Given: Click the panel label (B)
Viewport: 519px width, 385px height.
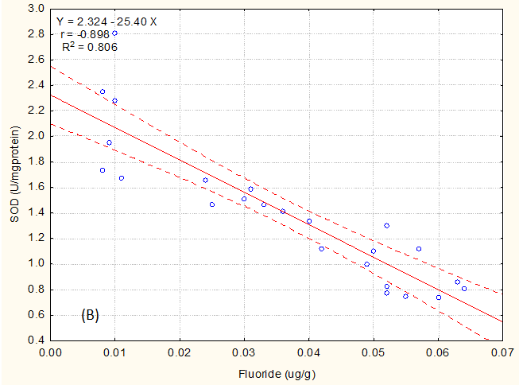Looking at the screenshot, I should pos(89,316).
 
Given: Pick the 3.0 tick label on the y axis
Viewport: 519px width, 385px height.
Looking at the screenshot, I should pos(35,9).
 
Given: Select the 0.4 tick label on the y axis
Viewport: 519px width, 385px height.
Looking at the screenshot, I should pos(35,340).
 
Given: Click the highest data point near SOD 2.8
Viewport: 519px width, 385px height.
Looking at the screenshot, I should pos(114,33).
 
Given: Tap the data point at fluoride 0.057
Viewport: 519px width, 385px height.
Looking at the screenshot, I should pos(419,249).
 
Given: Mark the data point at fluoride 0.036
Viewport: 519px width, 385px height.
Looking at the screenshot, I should pos(283,211).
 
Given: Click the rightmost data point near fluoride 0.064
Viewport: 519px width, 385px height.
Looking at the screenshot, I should pos(464,288).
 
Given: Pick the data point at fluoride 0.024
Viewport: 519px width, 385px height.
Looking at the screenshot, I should pos(205,180).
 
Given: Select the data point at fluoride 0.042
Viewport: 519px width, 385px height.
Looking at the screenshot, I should pos(322,249).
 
